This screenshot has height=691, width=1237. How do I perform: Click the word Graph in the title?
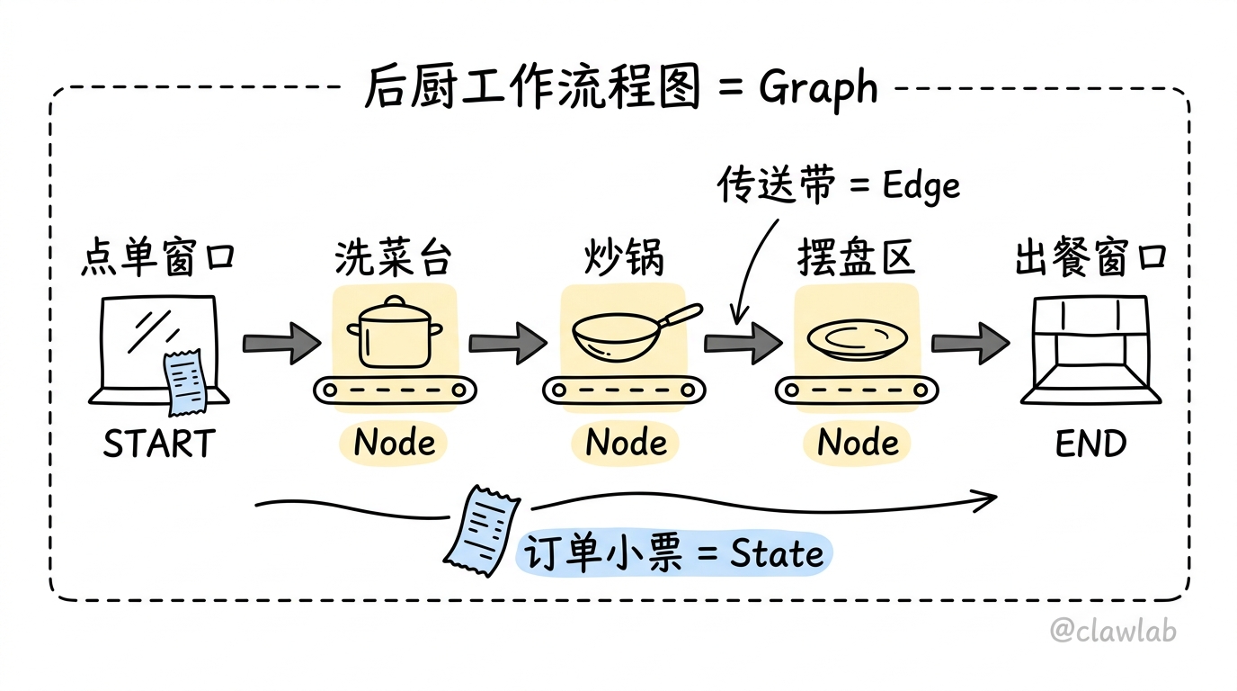pyautogui.click(x=818, y=88)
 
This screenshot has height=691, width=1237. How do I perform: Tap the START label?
pyautogui.click(x=159, y=444)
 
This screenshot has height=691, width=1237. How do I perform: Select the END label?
pyautogui.click(x=1090, y=444)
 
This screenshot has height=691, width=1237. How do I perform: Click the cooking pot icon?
pyautogui.click(x=395, y=332)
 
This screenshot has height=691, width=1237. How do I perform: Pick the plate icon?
pyautogui.click(x=857, y=338)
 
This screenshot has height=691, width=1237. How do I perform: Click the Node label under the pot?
pyautogui.click(x=395, y=443)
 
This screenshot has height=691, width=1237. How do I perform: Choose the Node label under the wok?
pyautogui.click(x=626, y=443)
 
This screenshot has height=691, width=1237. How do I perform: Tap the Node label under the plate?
pyautogui.click(x=858, y=443)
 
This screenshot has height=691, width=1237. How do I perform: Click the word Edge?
pyautogui.click(x=921, y=186)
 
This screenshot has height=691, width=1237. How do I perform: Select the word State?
pyautogui.click(x=777, y=552)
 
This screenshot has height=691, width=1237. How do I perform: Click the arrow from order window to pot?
pyautogui.click(x=281, y=344)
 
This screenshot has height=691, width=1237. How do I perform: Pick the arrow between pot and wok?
pyautogui.click(x=508, y=344)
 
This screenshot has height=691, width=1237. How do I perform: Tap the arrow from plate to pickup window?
pyautogui.click(x=971, y=344)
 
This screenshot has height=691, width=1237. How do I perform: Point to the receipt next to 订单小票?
pyautogui.click(x=482, y=531)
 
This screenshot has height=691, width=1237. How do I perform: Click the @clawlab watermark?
pyautogui.click(x=1113, y=630)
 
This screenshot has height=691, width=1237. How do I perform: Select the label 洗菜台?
pyautogui.click(x=393, y=257)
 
